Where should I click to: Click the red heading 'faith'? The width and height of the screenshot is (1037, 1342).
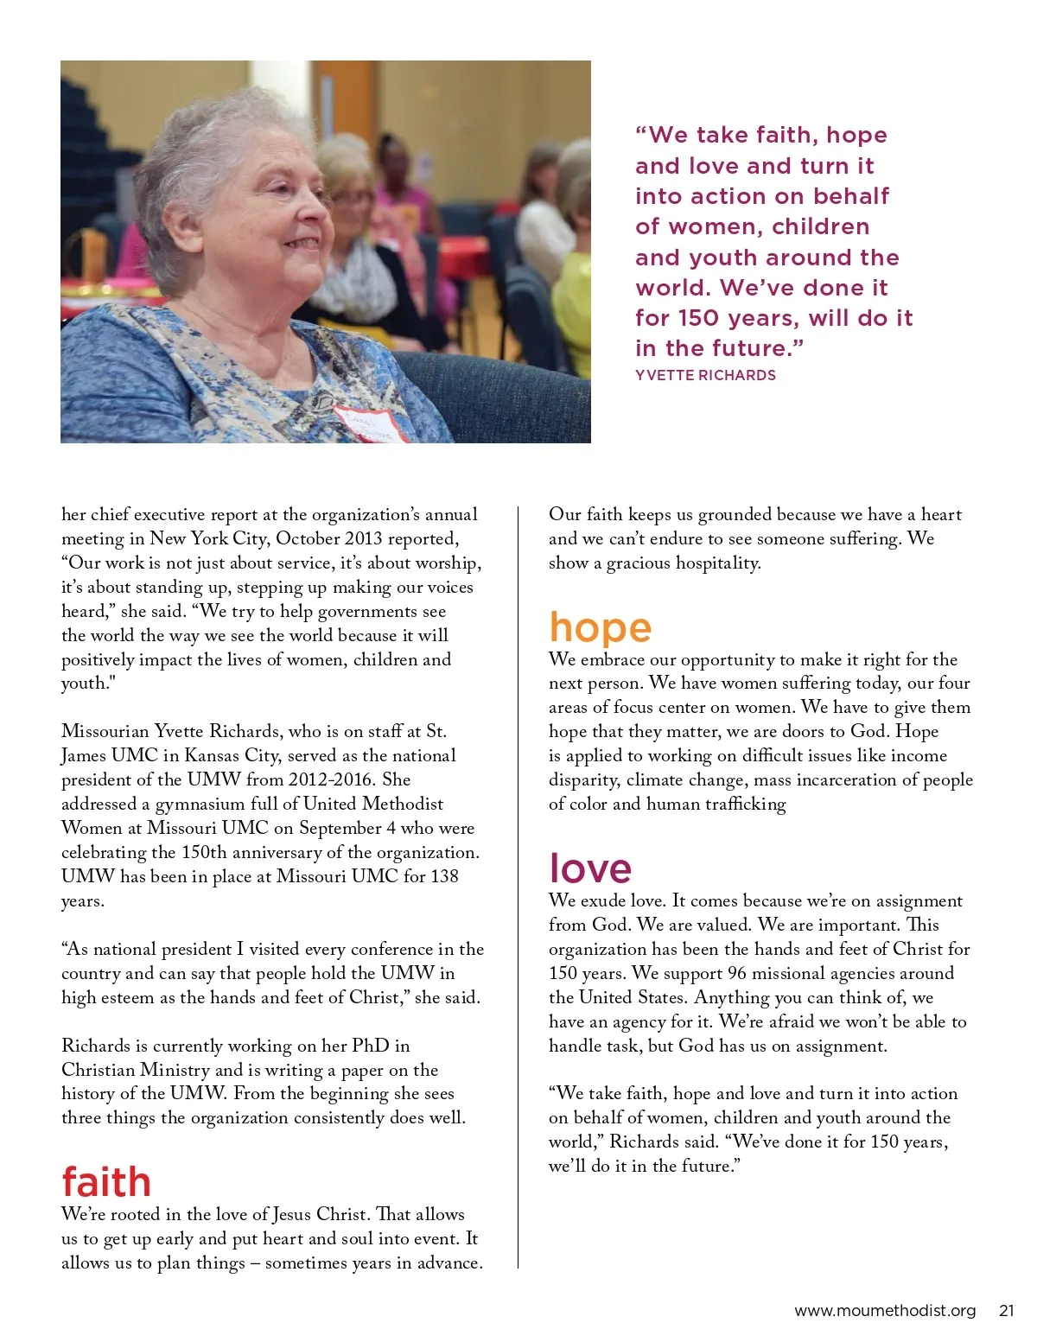pos(105,1182)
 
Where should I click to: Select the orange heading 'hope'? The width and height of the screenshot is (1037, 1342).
pos(600,628)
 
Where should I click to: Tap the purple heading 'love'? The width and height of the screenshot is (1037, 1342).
pos(590,868)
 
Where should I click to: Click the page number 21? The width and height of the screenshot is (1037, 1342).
pos(1006,1310)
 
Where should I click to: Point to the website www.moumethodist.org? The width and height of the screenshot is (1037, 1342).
pos(884,1310)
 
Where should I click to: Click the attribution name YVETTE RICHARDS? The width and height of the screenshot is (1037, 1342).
pos(705,375)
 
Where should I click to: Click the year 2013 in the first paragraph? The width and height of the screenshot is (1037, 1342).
pos(363,538)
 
